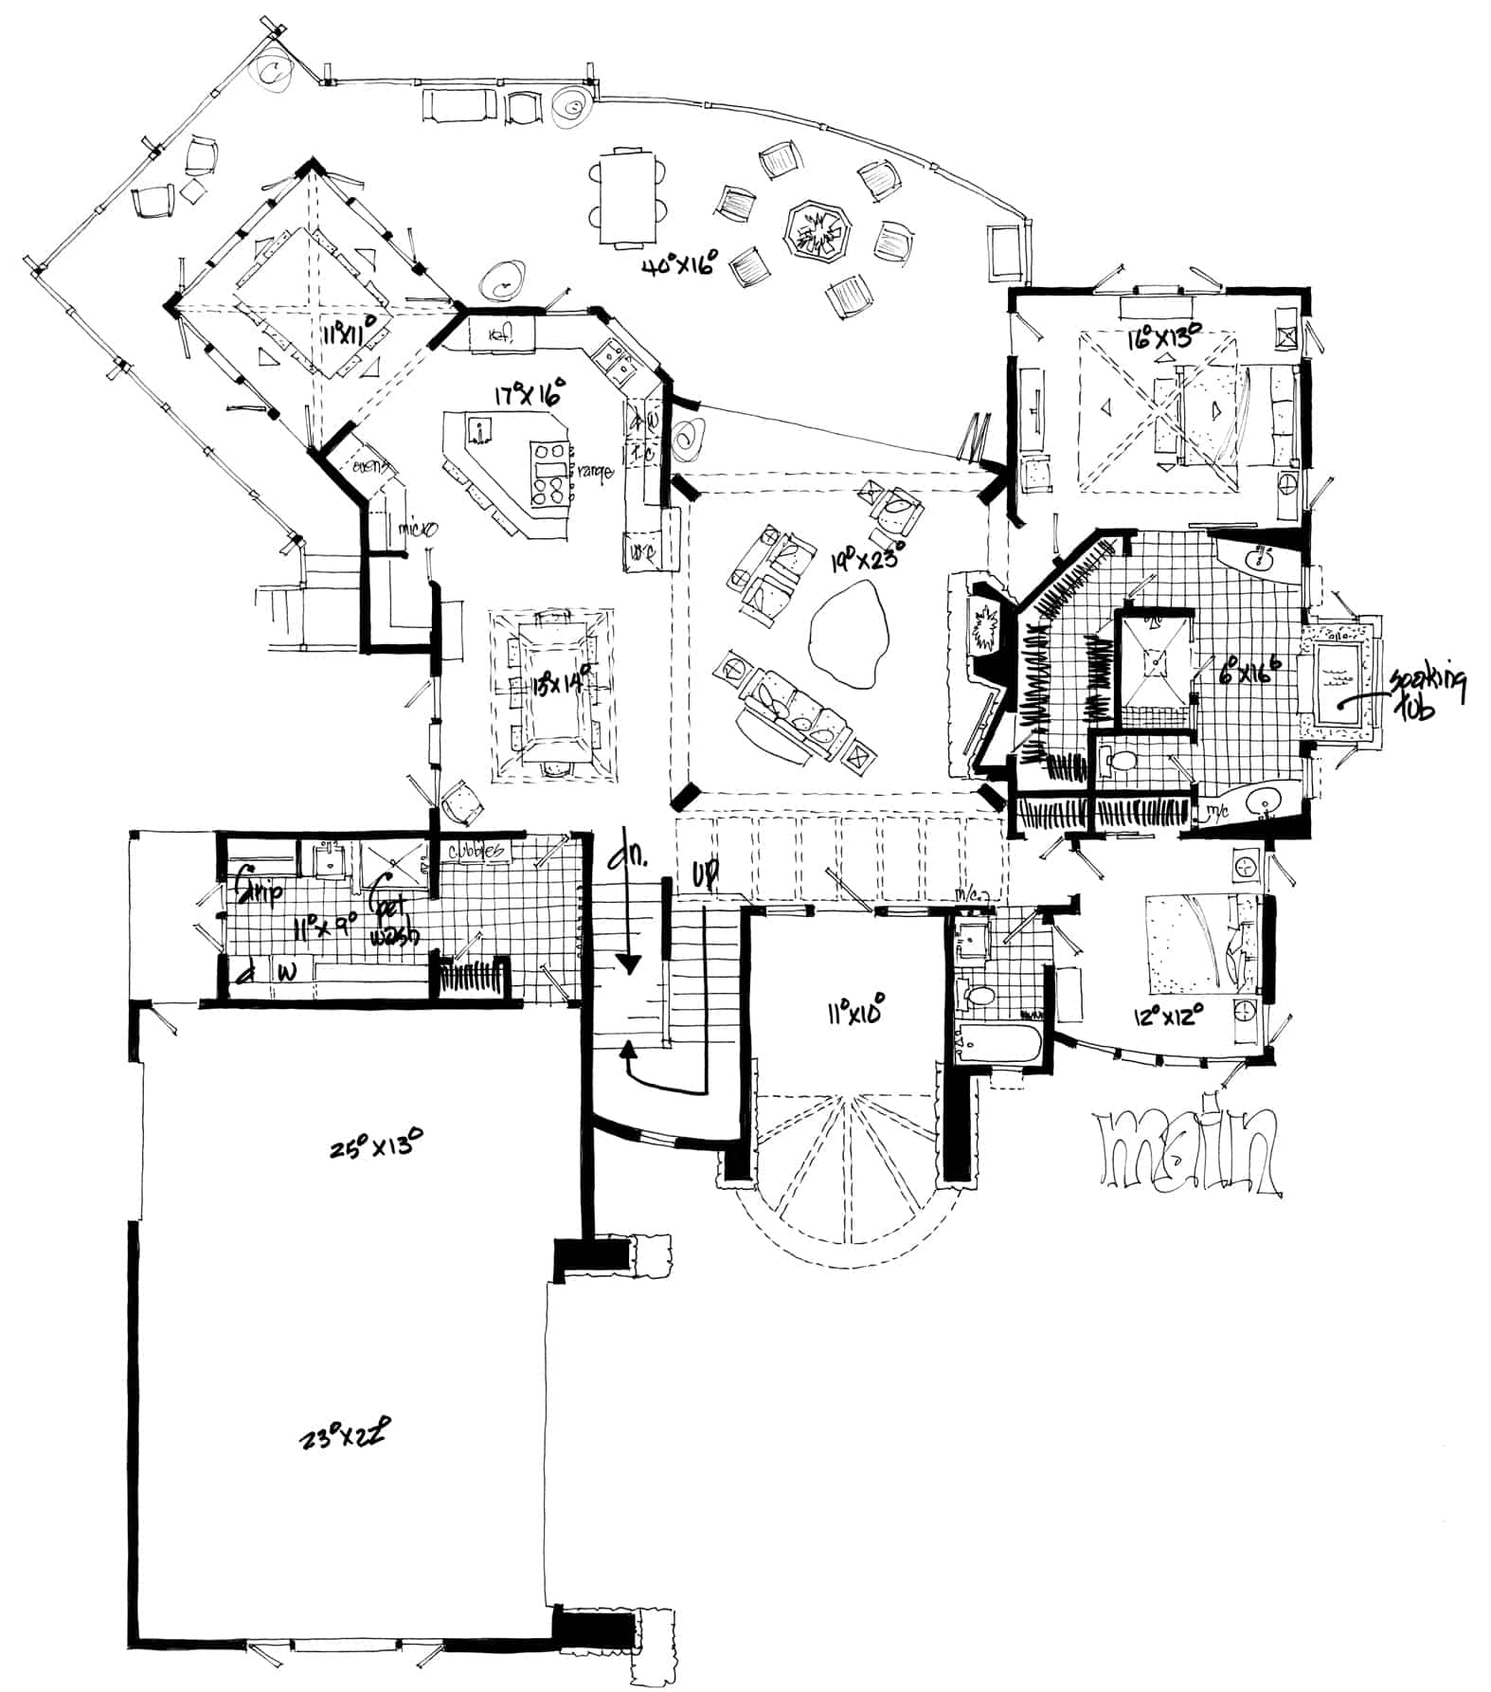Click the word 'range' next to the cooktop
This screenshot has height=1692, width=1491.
(x=599, y=471)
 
